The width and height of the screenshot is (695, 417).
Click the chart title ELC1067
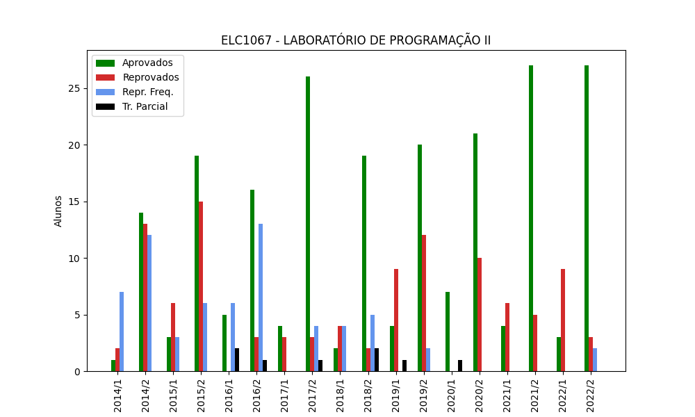(355, 40)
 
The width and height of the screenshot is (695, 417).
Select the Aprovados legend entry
(147, 63)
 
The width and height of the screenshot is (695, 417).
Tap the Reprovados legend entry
(150, 78)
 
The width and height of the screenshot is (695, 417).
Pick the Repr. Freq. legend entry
(147, 92)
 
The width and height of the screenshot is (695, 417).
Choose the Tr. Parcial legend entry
(145, 107)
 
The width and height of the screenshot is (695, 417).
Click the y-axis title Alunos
(58, 211)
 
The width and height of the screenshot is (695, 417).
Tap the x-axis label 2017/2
(312, 393)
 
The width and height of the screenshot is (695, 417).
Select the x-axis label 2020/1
(451, 393)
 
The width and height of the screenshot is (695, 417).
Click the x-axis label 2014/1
(117, 393)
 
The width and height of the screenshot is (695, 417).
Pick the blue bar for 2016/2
(261, 297)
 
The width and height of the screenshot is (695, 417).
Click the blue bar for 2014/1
(122, 332)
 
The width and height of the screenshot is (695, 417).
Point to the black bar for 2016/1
(237, 360)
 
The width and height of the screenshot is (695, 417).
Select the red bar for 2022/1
(563, 320)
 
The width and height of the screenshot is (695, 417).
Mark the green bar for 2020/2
(475, 252)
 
